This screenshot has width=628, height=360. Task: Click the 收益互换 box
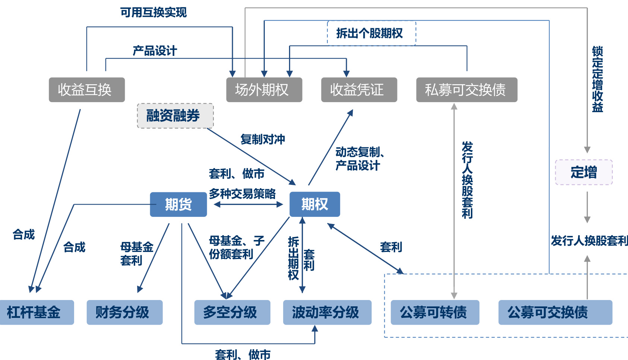[86, 90]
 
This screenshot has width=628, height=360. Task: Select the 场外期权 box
[264, 90]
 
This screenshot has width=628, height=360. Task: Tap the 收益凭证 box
[359, 90]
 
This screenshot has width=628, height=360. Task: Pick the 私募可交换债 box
[466, 90]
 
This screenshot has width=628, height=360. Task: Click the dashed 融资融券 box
[175, 116]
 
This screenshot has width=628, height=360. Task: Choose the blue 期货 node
[178, 204]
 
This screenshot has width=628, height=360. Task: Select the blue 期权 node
[314, 204]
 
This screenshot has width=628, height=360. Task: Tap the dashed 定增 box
[583, 172]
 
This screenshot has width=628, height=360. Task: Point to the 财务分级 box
[124, 312]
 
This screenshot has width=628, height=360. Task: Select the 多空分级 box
[232, 312]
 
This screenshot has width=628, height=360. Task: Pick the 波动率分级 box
[327, 312]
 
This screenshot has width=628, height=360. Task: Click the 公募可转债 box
[434, 312]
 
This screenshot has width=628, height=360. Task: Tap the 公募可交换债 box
[555, 312]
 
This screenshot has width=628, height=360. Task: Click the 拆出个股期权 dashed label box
[371, 33]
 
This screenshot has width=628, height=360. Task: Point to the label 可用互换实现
[153, 12]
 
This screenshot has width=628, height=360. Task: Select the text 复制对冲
[263, 139]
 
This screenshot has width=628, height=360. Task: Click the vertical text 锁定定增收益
[597, 79]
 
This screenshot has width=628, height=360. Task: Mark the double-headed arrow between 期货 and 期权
[248, 204]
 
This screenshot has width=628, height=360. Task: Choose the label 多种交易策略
[242, 194]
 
